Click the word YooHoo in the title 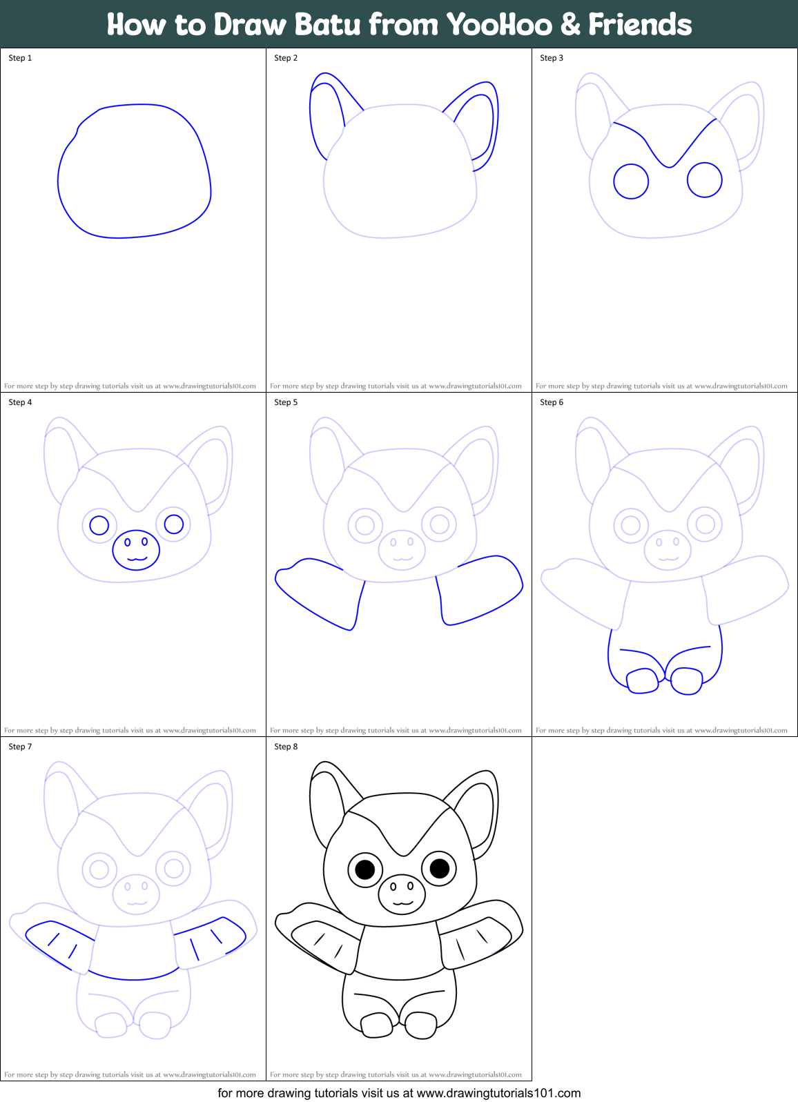pyautogui.click(x=498, y=25)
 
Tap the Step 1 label pyautogui.click(x=20, y=58)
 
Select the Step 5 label pyautogui.click(x=286, y=402)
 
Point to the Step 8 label pyautogui.click(x=286, y=747)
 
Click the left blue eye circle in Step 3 pyautogui.click(x=631, y=181)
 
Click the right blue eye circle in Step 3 pyautogui.click(x=705, y=180)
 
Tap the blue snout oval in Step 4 pyautogui.click(x=136, y=550)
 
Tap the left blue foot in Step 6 pyautogui.click(x=643, y=681)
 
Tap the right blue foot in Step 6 pyautogui.click(x=687, y=681)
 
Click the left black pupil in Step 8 pyautogui.click(x=365, y=869)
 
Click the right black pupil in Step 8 pyautogui.click(x=440, y=868)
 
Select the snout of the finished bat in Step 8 pyautogui.click(x=402, y=894)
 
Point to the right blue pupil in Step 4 pyautogui.click(x=173, y=524)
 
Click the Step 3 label pyautogui.click(x=552, y=58)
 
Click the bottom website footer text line pyautogui.click(x=399, y=1093)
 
